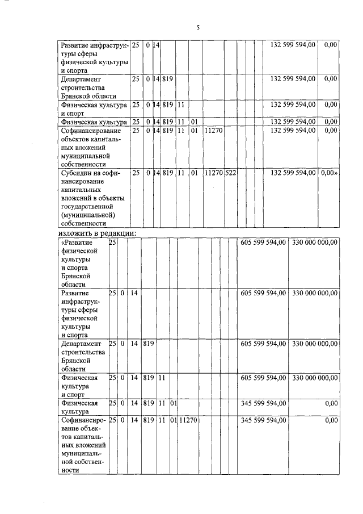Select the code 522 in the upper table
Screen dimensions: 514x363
point(230,172)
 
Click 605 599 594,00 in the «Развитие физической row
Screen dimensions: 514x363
point(262,242)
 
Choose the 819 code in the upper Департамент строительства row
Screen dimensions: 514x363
point(167,79)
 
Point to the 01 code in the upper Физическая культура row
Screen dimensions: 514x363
point(194,122)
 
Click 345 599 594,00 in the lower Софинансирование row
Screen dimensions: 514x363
point(262,421)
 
